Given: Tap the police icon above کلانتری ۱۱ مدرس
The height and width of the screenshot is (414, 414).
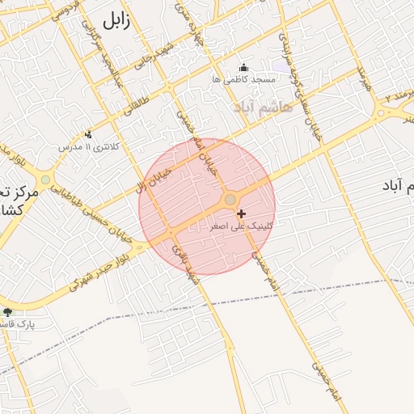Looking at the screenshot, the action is click(88, 134).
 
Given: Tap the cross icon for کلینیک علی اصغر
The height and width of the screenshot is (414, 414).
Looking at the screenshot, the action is click(241, 213).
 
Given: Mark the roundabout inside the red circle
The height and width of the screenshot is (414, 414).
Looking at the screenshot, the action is click(230, 199).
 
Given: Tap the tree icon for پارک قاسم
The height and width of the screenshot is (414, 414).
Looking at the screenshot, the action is click(8, 311).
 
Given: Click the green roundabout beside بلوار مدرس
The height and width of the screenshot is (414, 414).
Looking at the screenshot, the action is click(45, 180).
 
